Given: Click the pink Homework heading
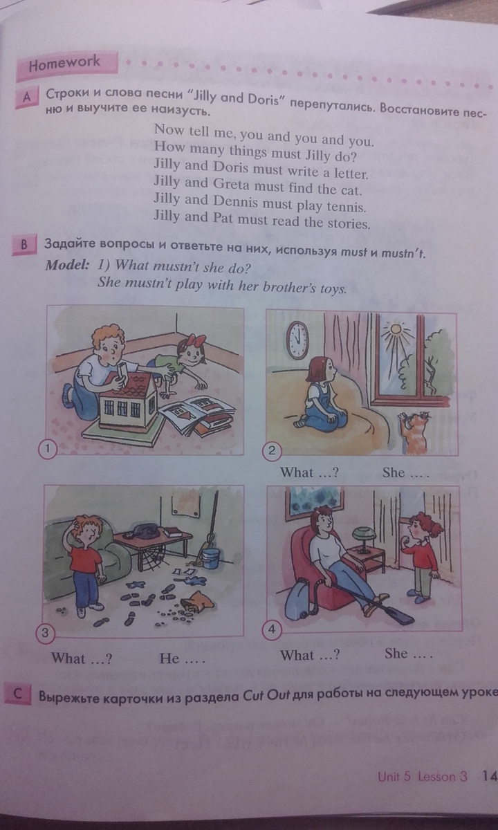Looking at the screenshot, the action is pyautogui.click(x=66, y=65).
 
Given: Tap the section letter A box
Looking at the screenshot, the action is pyautogui.click(x=27, y=98).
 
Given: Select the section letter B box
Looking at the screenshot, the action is pyautogui.click(x=24, y=245).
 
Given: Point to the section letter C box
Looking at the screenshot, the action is pyautogui.click(x=18, y=694).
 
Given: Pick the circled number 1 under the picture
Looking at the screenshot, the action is pyautogui.click(x=48, y=449).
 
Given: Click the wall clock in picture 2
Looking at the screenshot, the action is pyautogui.click(x=298, y=340).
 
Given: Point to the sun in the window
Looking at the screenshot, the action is pyautogui.click(x=396, y=329).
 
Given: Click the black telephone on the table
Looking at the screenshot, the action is pyautogui.click(x=146, y=531).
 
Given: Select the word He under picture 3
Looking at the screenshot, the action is pyautogui.click(x=169, y=658).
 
